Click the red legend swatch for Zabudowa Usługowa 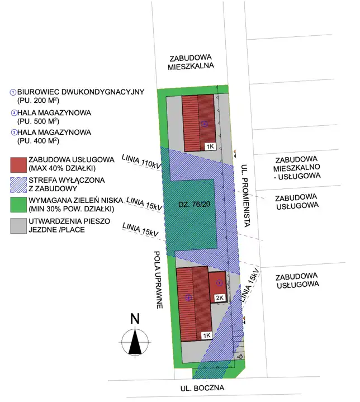pos(18,165)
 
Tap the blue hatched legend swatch pos(18,185)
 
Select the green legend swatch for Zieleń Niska pos(18,205)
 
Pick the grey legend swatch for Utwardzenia pos(18,226)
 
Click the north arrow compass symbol pos(135,342)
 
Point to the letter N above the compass pos(135,319)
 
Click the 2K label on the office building pos(220,297)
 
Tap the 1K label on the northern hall pos(210,146)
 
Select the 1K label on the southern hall pos(207,335)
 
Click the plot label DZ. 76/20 pos(194,204)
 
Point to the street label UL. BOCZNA pos(202,388)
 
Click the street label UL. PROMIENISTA pos(245,195)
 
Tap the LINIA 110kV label pos(141,162)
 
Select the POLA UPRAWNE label pos(158,280)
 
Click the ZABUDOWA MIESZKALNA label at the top pos(191,62)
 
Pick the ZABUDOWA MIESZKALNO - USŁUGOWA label pos(297,168)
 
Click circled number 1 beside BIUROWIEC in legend pos(13,92)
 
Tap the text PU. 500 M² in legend pos(38,121)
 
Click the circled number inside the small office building pos(219,282)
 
